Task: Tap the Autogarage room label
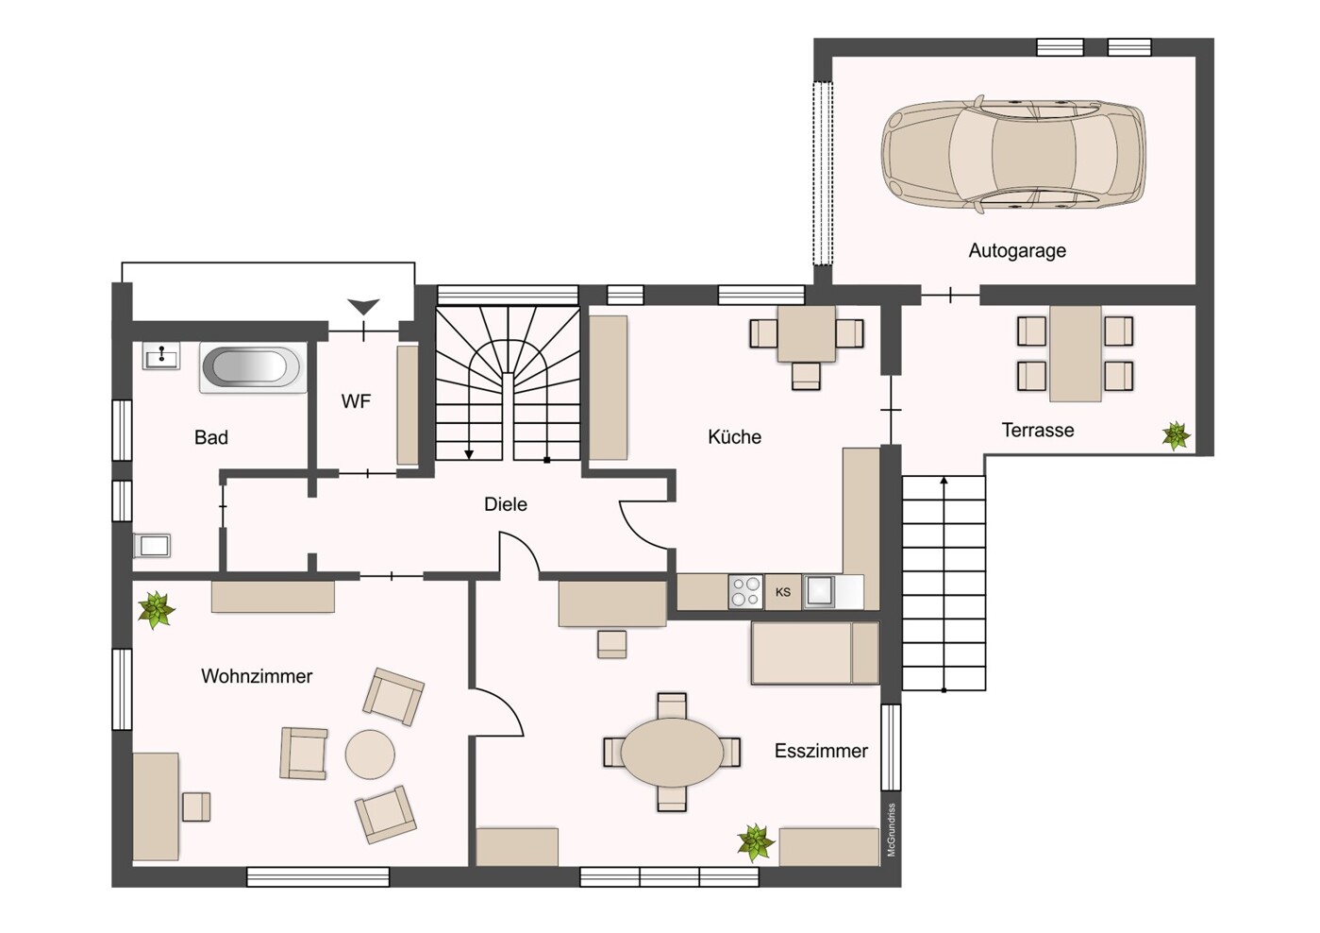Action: pyautogui.click(x=1017, y=250)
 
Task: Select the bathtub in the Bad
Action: pyautogui.click(x=253, y=366)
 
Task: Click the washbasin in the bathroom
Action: pyautogui.click(x=161, y=356)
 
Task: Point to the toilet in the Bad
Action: pyautogui.click(x=152, y=546)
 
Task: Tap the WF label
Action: pyautogui.click(x=356, y=401)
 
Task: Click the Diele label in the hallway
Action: pyautogui.click(x=506, y=504)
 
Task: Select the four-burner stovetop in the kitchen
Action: pyautogui.click(x=746, y=591)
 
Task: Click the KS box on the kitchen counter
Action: pyautogui.click(x=783, y=591)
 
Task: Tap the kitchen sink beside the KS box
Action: pyautogui.click(x=820, y=591)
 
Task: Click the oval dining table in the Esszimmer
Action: pyautogui.click(x=672, y=752)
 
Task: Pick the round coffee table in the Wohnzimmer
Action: pyautogui.click(x=370, y=755)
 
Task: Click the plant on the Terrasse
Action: pyautogui.click(x=1177, y=436)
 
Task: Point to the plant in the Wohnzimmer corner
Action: pyautogui.click(x=157, y=610)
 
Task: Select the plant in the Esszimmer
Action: pyautogui.click(x=756, y=842)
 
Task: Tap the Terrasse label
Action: pyautogui.click(x=1038, y=430)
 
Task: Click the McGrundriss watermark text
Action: pyautogui.click(x=891, y=830)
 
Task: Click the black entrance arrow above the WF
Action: pyautogui.click(x=363, y=307)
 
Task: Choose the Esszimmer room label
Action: pyautogui.click(x=821, y=751)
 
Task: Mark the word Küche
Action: pyautogui.click(x=734, y=437)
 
